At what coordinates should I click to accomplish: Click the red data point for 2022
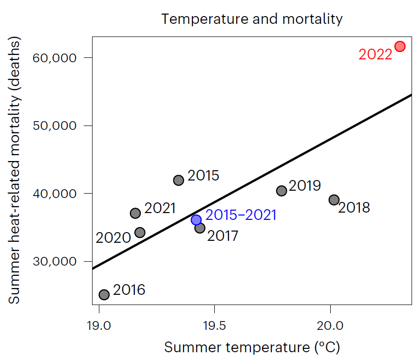click(400, 46)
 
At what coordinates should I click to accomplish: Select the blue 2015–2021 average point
click(196, 220)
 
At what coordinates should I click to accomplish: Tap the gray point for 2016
click(104, 294)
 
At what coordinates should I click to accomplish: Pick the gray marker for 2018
click(334, 199)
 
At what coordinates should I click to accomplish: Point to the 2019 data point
click(282, 191)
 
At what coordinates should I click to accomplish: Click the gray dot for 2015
click(179, 180)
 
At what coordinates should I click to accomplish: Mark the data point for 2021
click(135, 213)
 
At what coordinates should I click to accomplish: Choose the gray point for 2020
click(140, 233)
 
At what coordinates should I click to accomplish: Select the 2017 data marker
click(200, 228)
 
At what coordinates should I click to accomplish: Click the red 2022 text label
click(375, 54)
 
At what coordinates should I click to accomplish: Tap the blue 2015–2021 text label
click(241, 215)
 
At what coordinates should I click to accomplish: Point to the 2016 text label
click(129, 290)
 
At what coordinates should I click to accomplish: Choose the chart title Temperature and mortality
click(252, 19)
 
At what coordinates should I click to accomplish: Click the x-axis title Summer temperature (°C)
click(252, 348)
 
